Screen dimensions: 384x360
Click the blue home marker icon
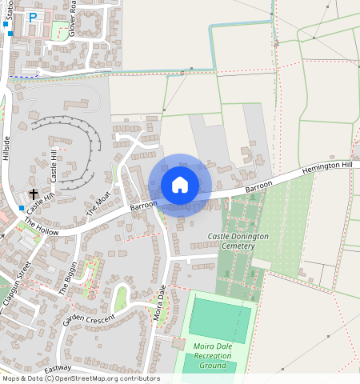click(x=180, y=185)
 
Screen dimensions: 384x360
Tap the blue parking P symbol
click(x=33, y=17)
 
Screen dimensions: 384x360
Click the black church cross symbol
click(x=34, y=194)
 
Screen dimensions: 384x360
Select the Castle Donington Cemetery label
click(x=238, y=241)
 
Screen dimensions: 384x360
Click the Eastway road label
click(x=58, y=369)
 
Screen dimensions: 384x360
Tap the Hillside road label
click(x=6, y=149)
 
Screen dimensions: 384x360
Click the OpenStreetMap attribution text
click(x=80, y=378)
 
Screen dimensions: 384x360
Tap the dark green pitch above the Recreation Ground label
click(x=219, y=319)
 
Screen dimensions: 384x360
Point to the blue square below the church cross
click(x=22, y=208)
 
